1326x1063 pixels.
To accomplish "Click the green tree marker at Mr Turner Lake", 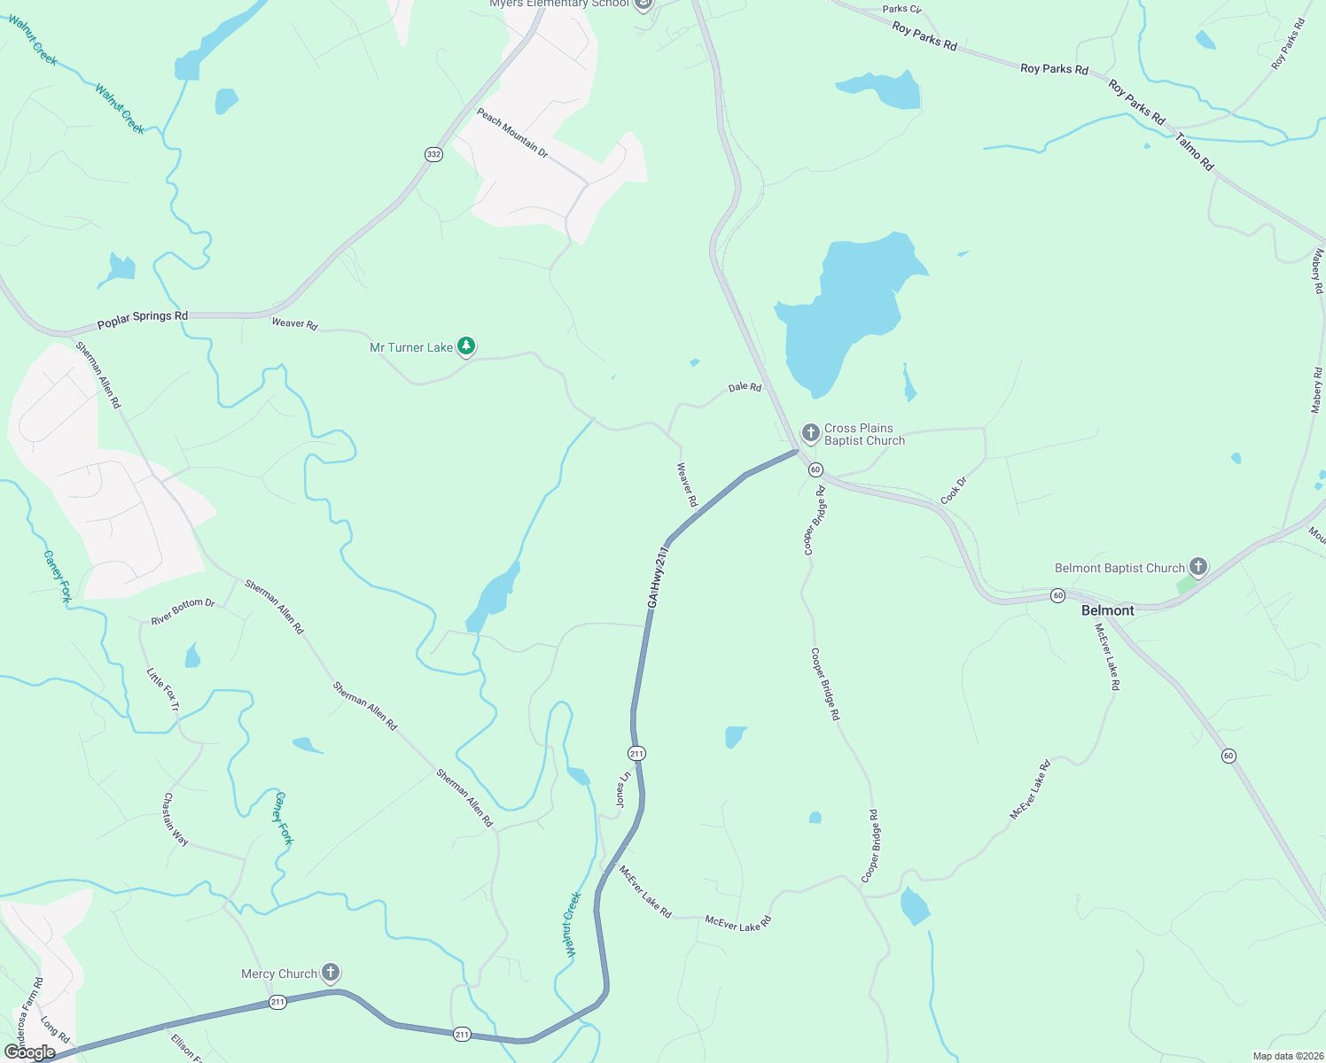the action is (466, 346).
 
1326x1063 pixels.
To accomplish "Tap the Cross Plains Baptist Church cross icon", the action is (810, 433).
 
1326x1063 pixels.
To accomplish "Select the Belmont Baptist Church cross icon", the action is (1197, 566).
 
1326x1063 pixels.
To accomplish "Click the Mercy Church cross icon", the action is (330, 973).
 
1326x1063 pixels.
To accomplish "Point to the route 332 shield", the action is (433, 154).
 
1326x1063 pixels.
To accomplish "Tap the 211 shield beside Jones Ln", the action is (636, 753).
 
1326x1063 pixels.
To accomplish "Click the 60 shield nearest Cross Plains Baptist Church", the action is (815, 469).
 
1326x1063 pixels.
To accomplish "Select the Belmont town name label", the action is (1107, 610).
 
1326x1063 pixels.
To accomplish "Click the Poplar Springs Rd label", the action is (143, 320).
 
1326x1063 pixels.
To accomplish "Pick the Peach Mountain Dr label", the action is (512, 134).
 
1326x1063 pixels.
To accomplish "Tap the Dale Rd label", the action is (745, 387).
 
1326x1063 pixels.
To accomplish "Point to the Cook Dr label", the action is (954, 491).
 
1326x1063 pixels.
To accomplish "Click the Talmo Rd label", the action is (1195, 152).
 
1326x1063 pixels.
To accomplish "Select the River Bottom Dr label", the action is (183, 612).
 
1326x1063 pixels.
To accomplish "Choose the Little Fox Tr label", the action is (163, 690).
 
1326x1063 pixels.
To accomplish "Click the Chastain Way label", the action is (175, 819).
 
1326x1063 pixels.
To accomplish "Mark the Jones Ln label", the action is (624, 788).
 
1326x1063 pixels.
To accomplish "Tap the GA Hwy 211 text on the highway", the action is (657, 577).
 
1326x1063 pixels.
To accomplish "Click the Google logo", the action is (30, 1052).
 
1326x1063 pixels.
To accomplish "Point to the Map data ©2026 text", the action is (1287, 1056).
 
